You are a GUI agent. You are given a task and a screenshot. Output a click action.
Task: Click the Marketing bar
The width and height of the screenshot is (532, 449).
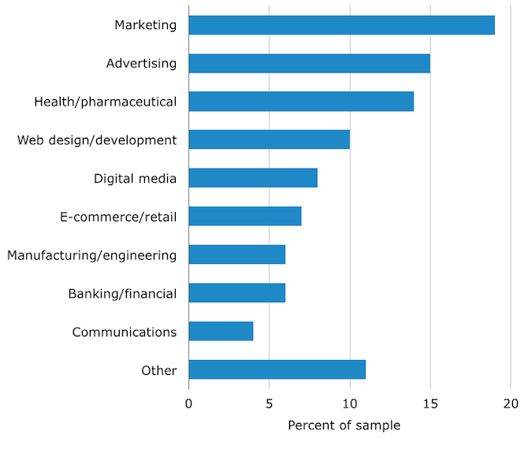coord(341,25)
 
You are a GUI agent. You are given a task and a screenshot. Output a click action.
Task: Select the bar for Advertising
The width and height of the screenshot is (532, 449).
coord(309,63)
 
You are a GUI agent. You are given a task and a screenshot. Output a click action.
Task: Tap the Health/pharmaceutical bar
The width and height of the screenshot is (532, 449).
coord(301,102)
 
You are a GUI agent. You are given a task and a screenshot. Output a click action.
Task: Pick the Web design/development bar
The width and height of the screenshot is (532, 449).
coord(269,139)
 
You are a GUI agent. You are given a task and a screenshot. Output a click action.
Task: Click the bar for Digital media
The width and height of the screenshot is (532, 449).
coord(253,178)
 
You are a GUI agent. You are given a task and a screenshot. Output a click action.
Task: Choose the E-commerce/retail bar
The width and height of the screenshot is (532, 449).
coord(245,216)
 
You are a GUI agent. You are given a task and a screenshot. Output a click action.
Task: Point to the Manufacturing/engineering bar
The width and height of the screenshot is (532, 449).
coord(236,254)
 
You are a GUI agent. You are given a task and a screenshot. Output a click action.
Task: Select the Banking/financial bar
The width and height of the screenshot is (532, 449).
coord(236,293)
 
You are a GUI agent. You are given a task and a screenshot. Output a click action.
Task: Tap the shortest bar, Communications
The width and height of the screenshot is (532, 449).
coord(221,331)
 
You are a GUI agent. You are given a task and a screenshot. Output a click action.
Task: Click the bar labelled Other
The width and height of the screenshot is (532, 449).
coord(277,369)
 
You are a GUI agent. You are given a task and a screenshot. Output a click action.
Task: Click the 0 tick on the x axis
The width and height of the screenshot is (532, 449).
coord(189,404)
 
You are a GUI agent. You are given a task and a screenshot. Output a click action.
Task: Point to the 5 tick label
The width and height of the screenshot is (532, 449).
coord(270,404)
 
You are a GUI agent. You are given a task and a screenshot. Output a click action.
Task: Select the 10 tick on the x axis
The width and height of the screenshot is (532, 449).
coord(350,404)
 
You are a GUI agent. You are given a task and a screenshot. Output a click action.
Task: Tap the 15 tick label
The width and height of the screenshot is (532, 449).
coord(430,404)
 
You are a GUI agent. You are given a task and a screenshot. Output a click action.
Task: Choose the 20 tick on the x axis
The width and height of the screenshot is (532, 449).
coord(511,404)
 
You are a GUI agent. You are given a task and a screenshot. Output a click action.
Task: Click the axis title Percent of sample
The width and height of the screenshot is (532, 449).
coord(344,426)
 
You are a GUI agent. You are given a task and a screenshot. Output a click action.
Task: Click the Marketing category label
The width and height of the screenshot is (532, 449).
coord(146,25)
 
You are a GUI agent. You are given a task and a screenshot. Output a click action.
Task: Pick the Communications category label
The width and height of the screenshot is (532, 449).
coord(125,332)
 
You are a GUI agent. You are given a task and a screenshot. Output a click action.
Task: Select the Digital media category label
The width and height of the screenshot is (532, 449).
coord(135,179)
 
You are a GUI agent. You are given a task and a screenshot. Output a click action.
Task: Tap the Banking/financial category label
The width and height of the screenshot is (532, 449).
coord(122,294)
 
